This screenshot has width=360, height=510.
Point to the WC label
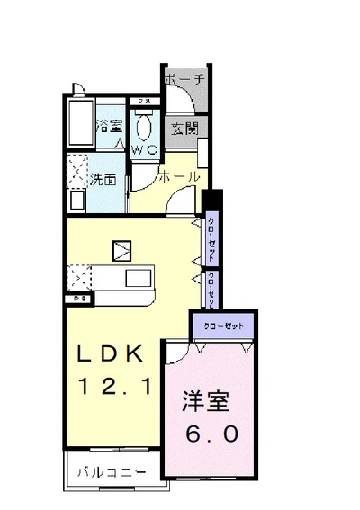click(146, 150)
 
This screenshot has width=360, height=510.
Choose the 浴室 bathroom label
click(111, 125)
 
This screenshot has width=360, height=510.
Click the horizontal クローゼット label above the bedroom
click(221, 324)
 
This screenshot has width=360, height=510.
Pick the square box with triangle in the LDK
click(121, 249)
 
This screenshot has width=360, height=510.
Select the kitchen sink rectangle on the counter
click(139, 277)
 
